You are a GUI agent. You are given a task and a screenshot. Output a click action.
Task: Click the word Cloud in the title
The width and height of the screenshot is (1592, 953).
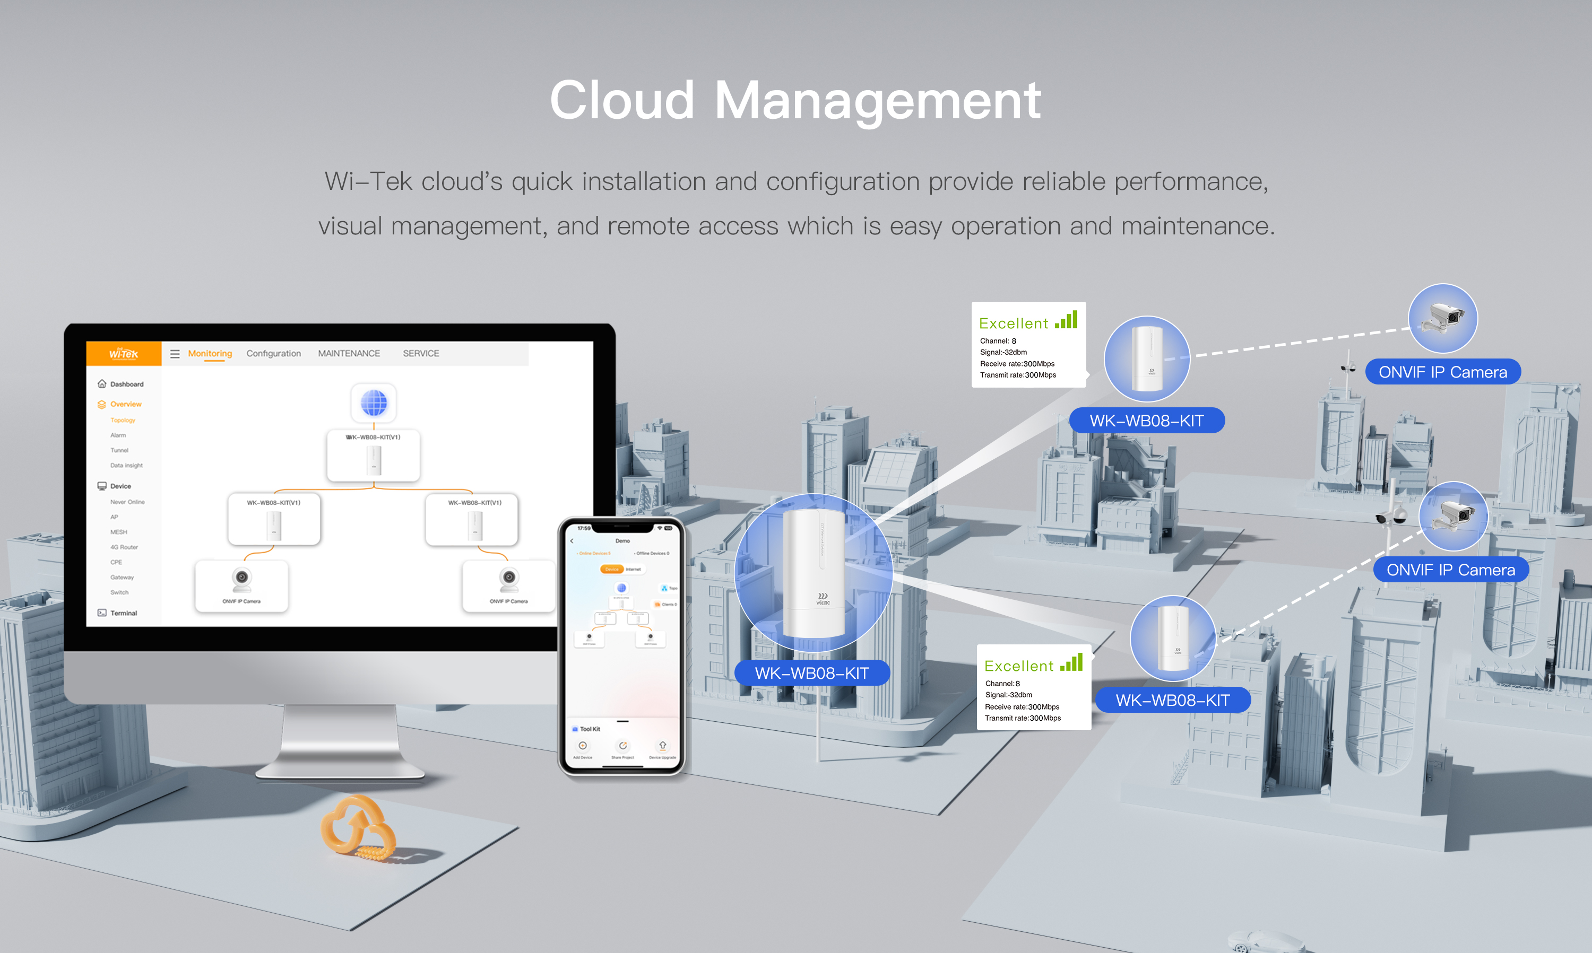[x=622, y=101]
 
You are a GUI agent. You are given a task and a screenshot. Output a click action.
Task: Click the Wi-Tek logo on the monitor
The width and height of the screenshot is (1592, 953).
[x=123, y=353]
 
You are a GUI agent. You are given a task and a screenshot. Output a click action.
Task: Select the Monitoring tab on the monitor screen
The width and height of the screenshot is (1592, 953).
[x=210, y=353]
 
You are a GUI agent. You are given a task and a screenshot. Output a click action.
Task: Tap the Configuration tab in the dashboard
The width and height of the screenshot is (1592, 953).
[x=273, y=353]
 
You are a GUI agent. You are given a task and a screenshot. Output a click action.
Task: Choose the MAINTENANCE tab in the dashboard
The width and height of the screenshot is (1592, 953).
[x=349, y=353]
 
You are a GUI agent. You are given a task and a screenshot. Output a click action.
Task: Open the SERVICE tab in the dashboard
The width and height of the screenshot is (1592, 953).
[x=421, y=353]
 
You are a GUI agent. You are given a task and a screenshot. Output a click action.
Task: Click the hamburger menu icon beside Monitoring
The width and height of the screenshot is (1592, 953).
[x=175, y=354]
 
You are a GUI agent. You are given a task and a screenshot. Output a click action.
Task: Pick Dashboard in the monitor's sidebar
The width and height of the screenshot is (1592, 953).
[x=126, y=384]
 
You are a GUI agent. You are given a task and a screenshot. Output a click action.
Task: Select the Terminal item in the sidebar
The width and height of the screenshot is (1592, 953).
[x=123, y=613]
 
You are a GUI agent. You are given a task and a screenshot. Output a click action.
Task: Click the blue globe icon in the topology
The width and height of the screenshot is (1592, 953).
[x=373, y=403]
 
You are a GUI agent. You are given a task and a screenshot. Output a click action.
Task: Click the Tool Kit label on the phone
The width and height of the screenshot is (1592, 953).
[x=589, y=729]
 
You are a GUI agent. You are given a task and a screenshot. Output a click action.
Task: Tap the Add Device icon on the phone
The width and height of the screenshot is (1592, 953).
[x=583, y=746]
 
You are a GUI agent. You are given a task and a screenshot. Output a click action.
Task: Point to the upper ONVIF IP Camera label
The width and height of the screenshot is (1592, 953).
[x=1442, y=372]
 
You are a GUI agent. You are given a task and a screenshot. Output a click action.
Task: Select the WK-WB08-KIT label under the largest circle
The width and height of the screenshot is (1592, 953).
[x=811, y=673]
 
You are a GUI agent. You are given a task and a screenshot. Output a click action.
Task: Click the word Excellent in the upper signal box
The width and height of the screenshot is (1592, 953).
[x=1013, y=324]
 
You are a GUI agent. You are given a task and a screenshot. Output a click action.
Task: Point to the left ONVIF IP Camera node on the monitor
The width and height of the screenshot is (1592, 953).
[x=241, y=584]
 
